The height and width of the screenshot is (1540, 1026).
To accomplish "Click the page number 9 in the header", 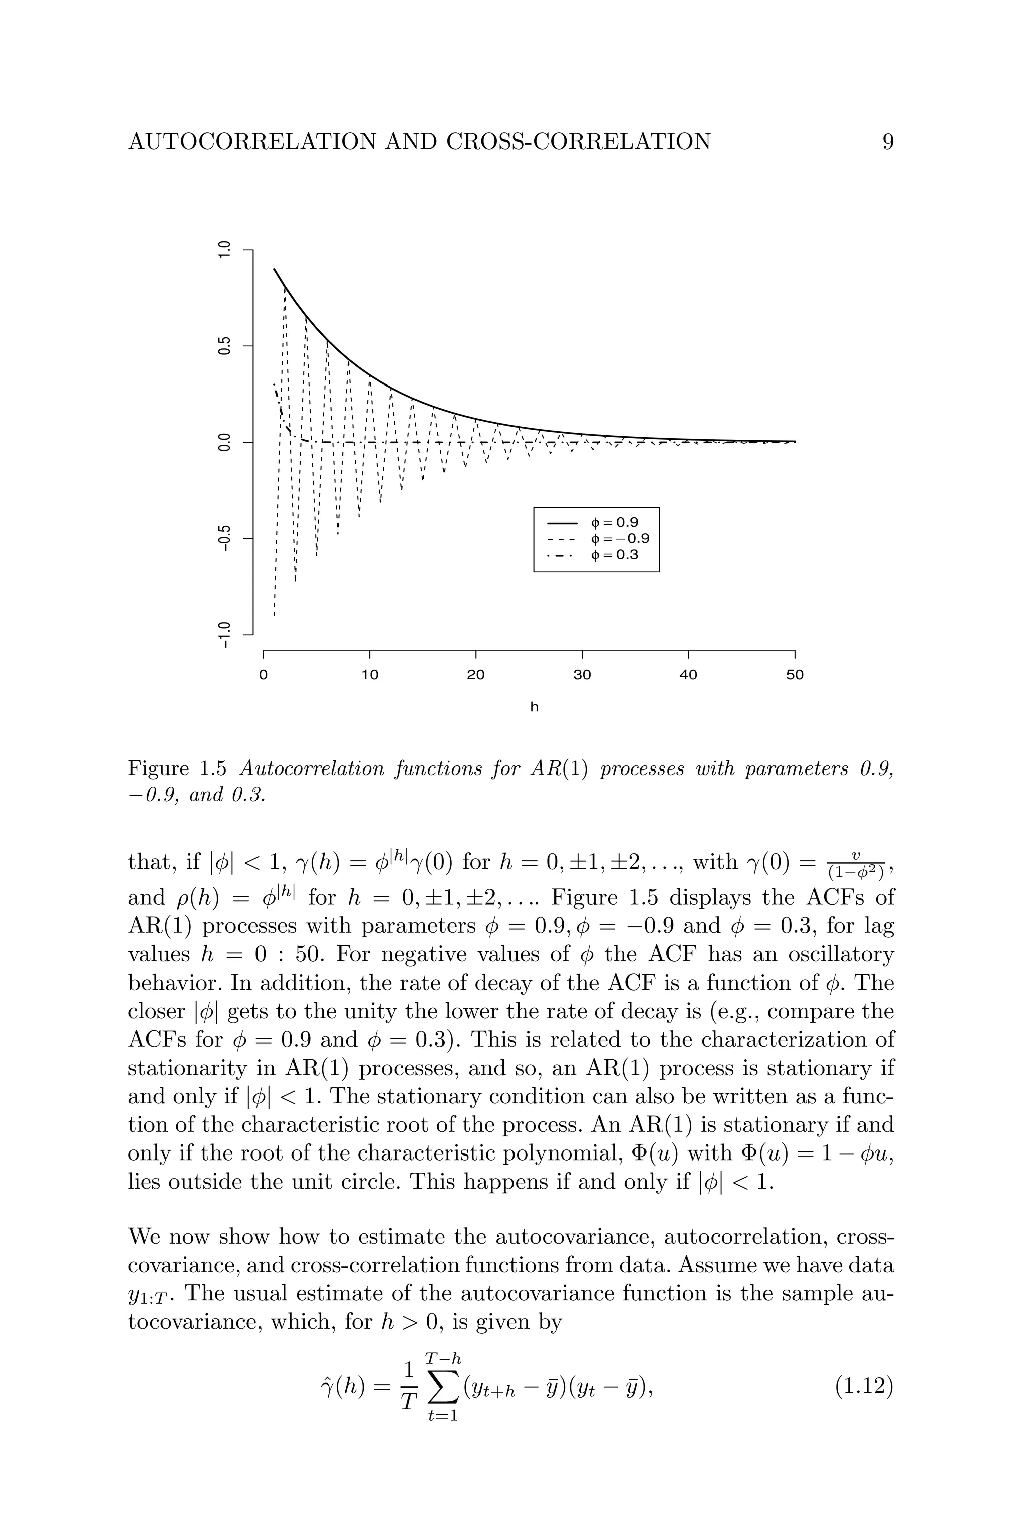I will point(888,142).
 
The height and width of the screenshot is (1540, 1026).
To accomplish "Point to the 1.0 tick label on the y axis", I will point(224,250).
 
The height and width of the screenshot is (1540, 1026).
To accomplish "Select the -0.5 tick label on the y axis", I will point(224,538).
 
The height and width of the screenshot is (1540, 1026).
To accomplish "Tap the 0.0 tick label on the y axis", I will point(224,442).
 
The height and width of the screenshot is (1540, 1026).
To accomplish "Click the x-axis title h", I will point(534,707).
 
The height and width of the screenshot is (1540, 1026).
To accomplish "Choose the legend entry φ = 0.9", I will point(614,523).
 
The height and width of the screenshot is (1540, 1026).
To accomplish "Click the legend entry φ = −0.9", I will point(619,539).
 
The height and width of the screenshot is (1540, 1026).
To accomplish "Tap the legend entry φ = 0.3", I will point(614,556).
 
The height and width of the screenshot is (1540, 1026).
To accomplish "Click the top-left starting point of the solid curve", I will point(274,269).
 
